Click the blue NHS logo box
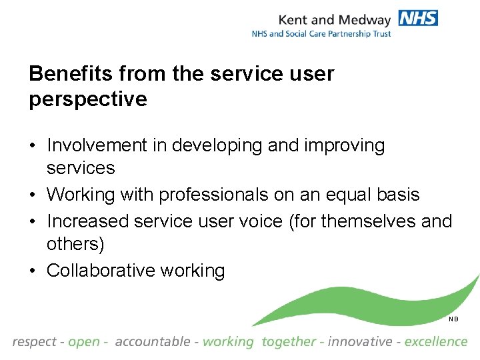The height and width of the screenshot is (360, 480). (418, 18)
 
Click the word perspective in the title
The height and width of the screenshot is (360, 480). (88, 99)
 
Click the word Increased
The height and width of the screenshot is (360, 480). (88, 220)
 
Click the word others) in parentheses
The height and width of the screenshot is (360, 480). (75, 244)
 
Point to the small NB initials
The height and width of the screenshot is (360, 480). (453, 319)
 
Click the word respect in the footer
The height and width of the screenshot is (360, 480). (34, 342)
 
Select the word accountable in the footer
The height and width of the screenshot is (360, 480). (153, 342)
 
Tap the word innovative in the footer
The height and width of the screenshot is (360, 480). (361, 342)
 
